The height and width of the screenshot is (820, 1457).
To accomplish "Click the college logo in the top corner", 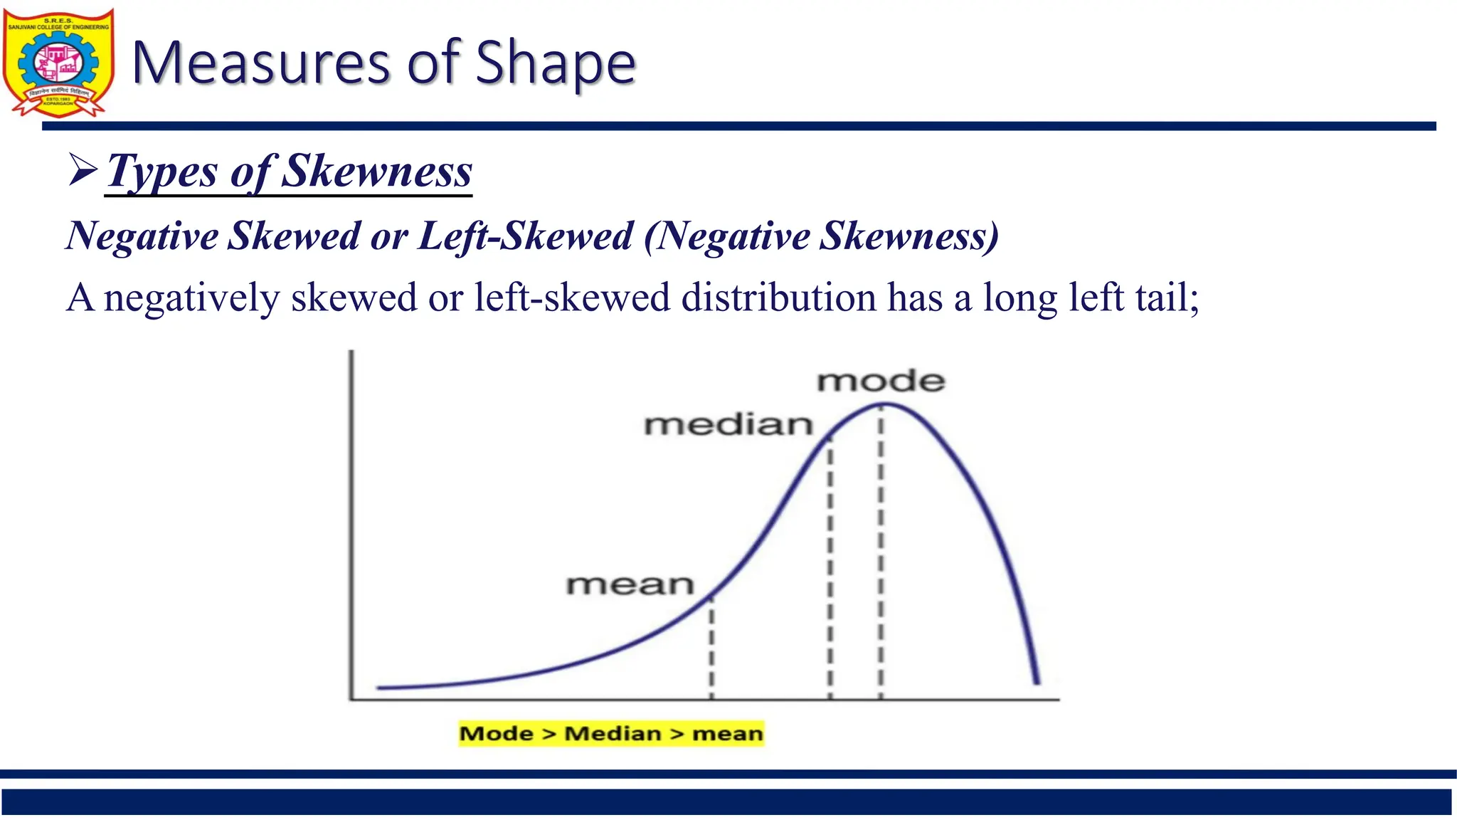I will pos(58,63).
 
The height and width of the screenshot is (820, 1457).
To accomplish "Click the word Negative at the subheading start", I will pos(142,236).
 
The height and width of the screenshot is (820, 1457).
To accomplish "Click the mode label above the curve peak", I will pos(881,382).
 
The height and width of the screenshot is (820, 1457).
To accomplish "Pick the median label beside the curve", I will pos(728,425).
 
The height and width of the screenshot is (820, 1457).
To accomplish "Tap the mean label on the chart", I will pos(630,585).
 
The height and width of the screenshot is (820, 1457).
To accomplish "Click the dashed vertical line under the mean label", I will pos(711,648).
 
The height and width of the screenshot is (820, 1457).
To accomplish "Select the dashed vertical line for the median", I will pos(830,569).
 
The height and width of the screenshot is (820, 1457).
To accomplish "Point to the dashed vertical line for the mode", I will pos(881,555).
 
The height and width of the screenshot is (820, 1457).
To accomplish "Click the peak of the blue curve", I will pos(886,405).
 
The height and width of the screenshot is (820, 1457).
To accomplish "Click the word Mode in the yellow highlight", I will pos(496,733).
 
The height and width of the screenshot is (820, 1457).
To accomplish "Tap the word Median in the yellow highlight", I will pos(613,733).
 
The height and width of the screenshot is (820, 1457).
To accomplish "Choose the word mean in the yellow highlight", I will pos(727,733).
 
